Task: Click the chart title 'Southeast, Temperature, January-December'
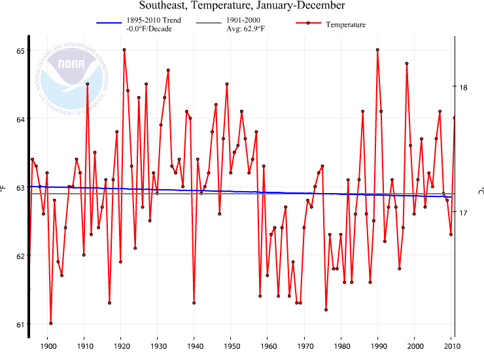(241, 6)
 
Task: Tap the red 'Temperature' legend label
(345, 24)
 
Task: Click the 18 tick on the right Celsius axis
(464, 87)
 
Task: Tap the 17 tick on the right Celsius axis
(464, 213)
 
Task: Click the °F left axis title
(5, 189)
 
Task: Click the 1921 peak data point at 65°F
(124, 50)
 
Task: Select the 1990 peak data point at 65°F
(377, 50)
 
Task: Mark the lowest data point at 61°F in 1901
(50, 323)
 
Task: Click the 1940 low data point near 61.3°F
(194, 302)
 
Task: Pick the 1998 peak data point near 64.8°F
(407, 63)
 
